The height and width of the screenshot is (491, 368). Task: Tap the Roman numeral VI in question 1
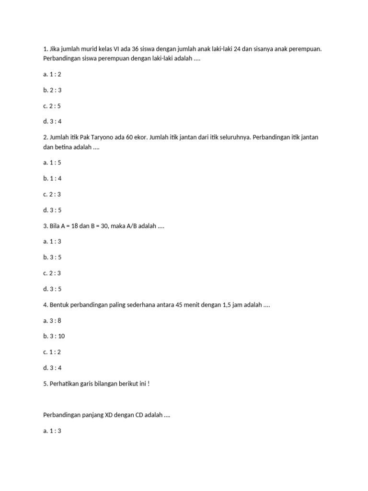116,49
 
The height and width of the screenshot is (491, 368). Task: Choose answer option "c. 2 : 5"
52,106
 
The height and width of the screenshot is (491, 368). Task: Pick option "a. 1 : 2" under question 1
52,74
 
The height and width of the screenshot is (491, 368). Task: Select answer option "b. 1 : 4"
52,178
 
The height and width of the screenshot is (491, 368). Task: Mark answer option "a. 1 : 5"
52,163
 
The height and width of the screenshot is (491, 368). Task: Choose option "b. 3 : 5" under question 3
52,257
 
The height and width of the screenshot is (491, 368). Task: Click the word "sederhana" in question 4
139,305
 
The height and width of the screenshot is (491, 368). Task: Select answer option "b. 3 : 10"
54,336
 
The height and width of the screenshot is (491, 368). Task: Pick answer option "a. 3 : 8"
52,320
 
